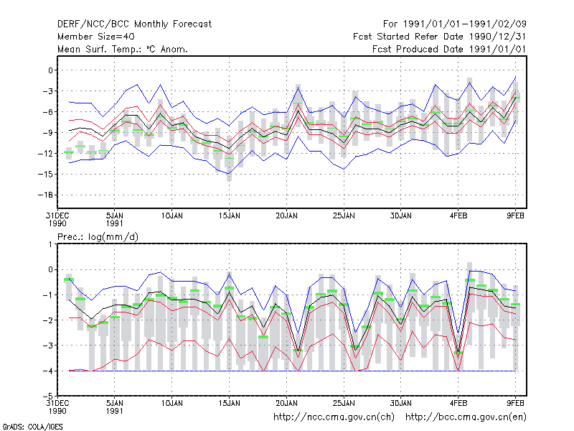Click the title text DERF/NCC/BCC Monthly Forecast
134,24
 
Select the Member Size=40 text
96,37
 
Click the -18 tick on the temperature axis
47,195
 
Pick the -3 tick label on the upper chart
47,91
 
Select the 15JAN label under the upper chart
229,216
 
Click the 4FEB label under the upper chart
458,216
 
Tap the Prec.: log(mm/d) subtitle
98,237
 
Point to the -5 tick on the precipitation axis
49,396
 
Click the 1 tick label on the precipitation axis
50,244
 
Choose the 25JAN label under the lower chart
344,404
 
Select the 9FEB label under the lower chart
515,404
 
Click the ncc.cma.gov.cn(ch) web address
334,417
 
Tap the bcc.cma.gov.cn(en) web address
466,417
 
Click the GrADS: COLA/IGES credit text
32,427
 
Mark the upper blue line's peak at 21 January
298,87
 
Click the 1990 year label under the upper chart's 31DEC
57,223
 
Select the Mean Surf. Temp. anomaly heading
123,49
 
